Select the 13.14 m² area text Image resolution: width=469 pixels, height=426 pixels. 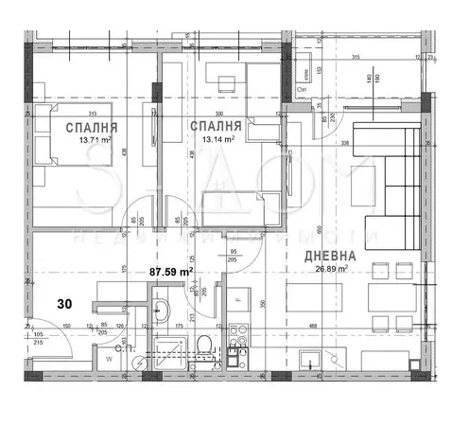[215, 137]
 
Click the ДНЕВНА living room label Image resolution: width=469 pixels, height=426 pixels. [329, 256]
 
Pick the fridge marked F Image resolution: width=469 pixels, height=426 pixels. [238, 299]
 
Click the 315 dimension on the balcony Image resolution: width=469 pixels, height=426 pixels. [356, 59]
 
